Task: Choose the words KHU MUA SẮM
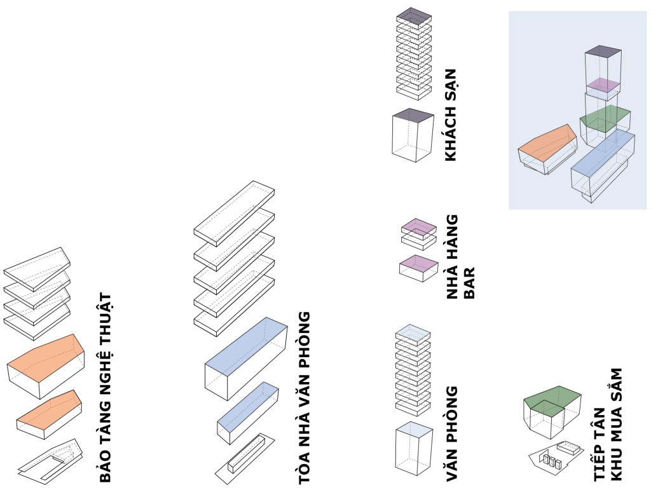point(614,423)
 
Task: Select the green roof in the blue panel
point(605,116)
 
